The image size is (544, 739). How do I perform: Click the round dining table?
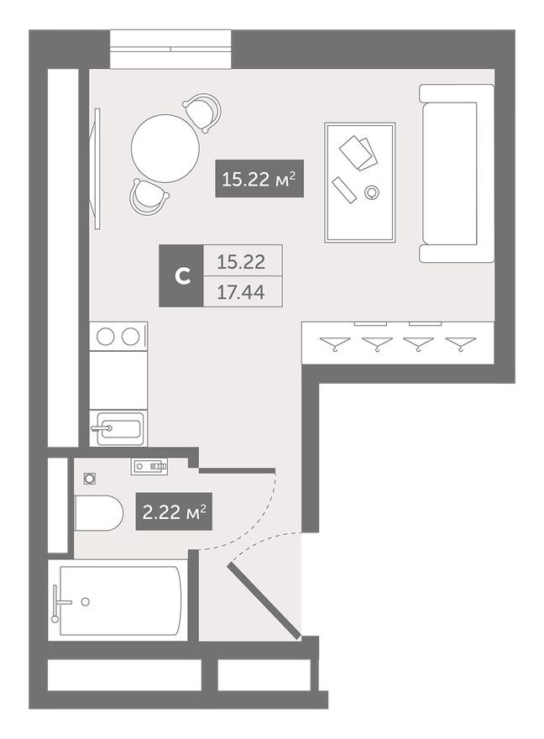(x=165, y=147)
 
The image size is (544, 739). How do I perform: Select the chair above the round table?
(x=202, y=111)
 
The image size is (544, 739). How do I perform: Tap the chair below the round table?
(x=148, y=197)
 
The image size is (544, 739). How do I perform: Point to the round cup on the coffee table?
(x=372, y=193)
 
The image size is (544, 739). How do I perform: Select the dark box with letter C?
(x=180, y=275)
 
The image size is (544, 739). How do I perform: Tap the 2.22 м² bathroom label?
(x=175, y=511)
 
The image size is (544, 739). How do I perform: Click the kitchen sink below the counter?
(x=118, y=427)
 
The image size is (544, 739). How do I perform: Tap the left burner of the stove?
(x=106, y=336)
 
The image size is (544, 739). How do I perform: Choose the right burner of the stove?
(x=130, y=336)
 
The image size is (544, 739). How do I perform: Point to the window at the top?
(x=170, y=50)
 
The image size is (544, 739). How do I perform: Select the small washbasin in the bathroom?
(x=149, y=464)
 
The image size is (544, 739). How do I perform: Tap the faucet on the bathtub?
(x=59, y=601)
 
